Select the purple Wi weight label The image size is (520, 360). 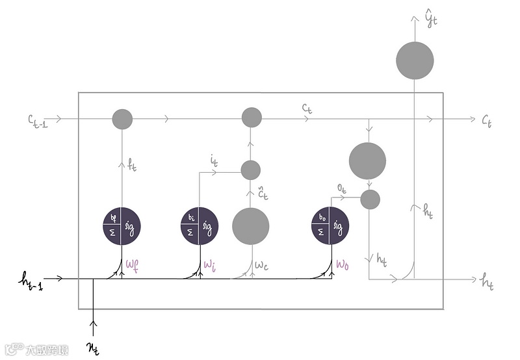[209, 265]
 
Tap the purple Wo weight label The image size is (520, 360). [343, 265]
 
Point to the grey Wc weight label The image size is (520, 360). [262, 265]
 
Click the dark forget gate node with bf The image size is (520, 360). [122, 225]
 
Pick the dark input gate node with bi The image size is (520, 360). [199, 225]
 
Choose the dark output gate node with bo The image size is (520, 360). [330, 225]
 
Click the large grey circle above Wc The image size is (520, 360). [251, 225]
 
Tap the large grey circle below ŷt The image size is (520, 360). [415, 61]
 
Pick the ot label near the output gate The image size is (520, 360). [342, 186]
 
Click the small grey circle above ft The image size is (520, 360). [122, 119]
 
